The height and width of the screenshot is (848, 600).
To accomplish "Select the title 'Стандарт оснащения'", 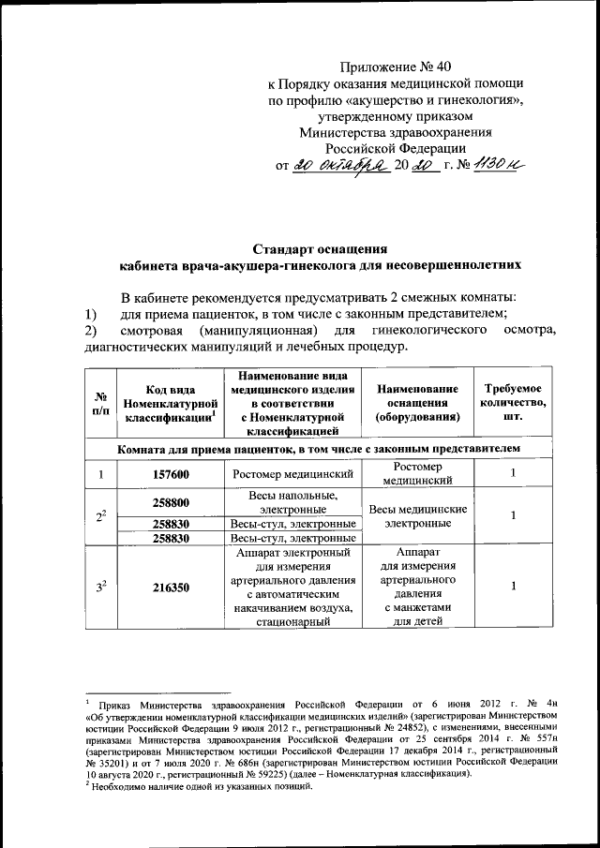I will click(x=321, y=249).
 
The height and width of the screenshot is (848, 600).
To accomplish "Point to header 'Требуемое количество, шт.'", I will click(x=512, y=404).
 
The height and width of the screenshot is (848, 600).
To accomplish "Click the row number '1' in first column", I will click(x=99, y=475).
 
